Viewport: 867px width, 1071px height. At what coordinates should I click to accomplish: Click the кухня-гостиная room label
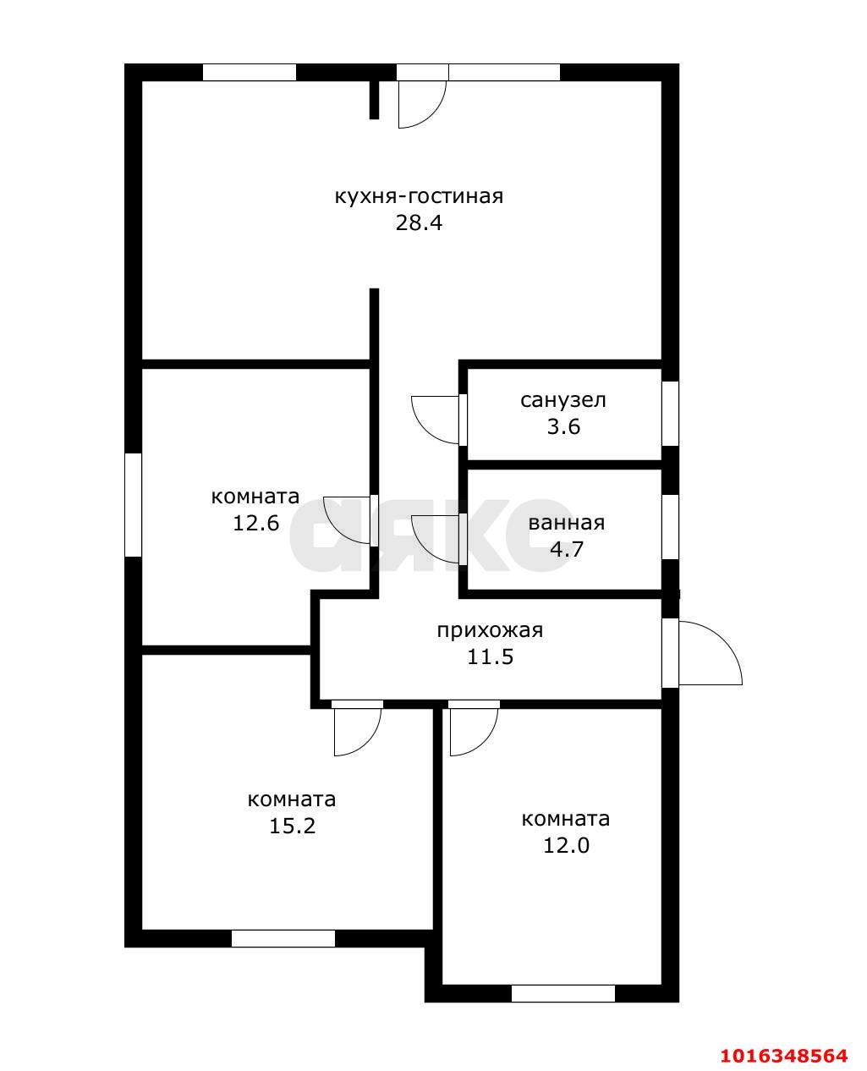(419, 196)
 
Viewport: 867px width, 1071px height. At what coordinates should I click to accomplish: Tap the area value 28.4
(419, 222)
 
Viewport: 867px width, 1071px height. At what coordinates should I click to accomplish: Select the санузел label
(563, 400)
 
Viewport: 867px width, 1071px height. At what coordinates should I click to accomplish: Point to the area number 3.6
(563, 426)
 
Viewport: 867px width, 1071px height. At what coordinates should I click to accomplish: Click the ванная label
(567, 523)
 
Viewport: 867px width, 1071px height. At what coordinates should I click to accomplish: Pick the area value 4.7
(567, 548)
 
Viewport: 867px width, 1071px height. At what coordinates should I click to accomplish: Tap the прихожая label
(490, 630)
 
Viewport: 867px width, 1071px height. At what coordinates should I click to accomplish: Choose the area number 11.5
(490, 656)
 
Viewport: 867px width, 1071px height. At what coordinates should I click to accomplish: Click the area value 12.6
(255, 523)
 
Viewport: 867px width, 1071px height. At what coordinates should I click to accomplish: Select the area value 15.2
(292, 783)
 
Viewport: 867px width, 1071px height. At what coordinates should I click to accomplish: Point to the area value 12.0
(566, 803)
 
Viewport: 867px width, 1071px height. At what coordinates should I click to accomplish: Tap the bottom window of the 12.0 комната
(563, 993)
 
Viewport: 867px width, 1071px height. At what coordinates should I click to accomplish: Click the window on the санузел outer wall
(670, 414)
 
